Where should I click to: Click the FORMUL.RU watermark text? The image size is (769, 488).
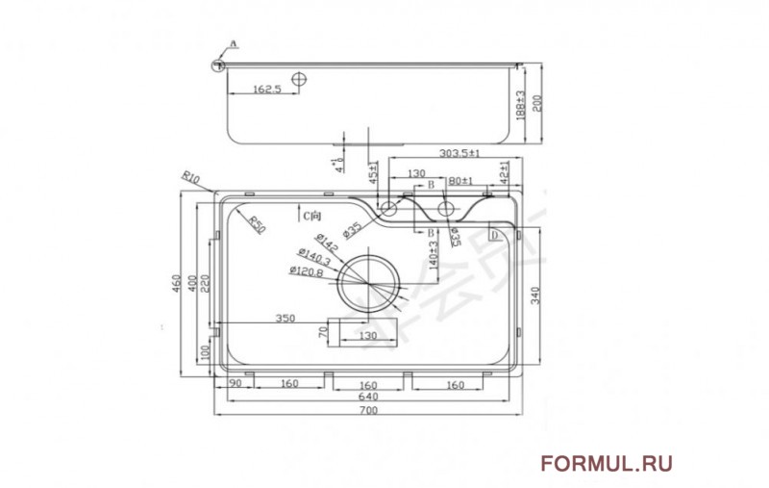[x=606, y=464]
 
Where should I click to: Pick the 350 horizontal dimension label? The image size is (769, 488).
[x=285, y=317]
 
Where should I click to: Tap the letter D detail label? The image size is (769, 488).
[x=493, y=235]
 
